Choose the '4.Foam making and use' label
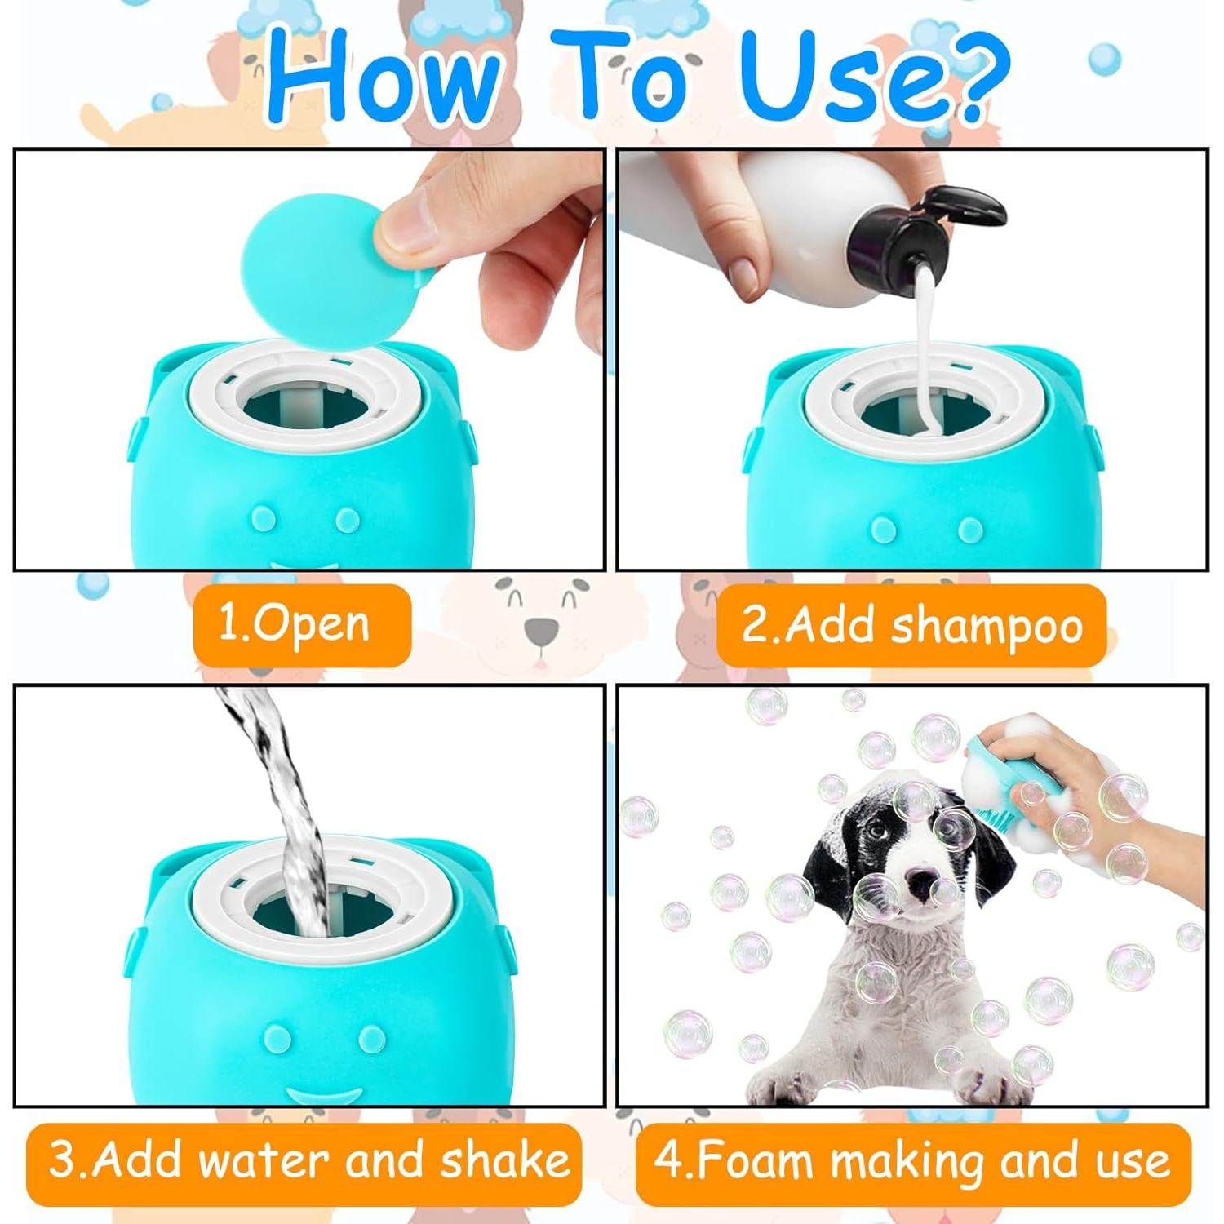pyautogui.click(x=911, y=1161)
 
